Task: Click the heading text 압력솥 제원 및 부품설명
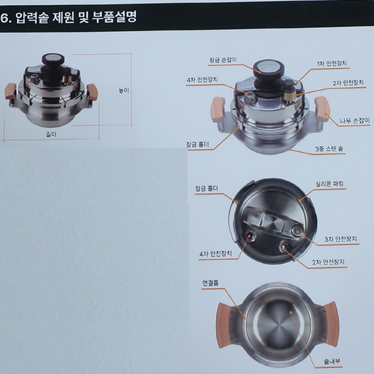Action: coord(76,17)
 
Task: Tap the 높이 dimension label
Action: coord(124,90)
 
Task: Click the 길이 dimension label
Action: coord(51,135)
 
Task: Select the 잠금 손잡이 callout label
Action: coord(223,60)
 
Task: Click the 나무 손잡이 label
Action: coord(355,121)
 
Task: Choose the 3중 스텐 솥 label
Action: coord(329,149)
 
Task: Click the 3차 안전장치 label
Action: coord(340,239)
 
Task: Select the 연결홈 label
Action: coord(211,283)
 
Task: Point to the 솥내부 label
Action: coord(332,362)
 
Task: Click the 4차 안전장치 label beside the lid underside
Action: coord(216,254)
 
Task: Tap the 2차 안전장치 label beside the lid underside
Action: coord(328,262)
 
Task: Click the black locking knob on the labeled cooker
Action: coord(269,68)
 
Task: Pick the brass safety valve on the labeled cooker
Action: coord(289,95)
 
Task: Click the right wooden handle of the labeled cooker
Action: coord(322,108)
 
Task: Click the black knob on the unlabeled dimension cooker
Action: coord(52,60)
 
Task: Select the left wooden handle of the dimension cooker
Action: coord(10,90)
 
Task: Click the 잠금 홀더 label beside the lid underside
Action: coord(206,189)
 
